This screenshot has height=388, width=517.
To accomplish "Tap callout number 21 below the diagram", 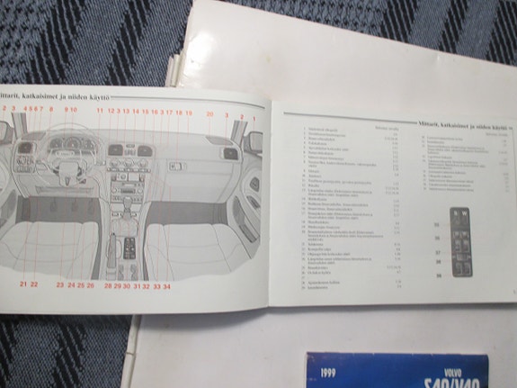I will click(x=22, y=284).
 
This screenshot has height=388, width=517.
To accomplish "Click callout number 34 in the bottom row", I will click(x=167, y=286).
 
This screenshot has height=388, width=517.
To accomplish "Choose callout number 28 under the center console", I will click(x=107, y=285).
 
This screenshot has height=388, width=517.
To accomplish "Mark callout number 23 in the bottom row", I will click(x=60, y=284).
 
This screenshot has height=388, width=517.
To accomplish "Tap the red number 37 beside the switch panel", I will click(x=439, y=252).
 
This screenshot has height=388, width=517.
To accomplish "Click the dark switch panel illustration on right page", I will click(x=462, y=242).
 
